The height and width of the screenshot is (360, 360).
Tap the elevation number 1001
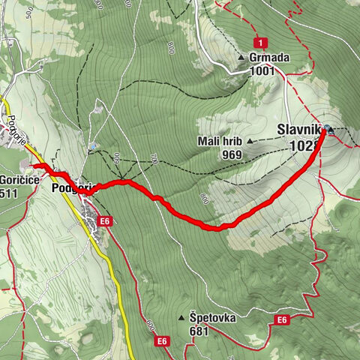[265, 71]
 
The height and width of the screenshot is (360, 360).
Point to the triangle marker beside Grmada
[241, 57]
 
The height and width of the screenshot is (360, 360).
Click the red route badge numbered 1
[259, 42]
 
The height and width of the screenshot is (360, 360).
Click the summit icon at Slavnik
[329, 130]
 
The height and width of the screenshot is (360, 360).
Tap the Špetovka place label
[212, 317]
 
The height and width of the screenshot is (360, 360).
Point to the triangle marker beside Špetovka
[181, 318]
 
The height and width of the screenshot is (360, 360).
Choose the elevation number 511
[9, 193]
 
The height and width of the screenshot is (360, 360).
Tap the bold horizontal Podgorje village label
[71, 188]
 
